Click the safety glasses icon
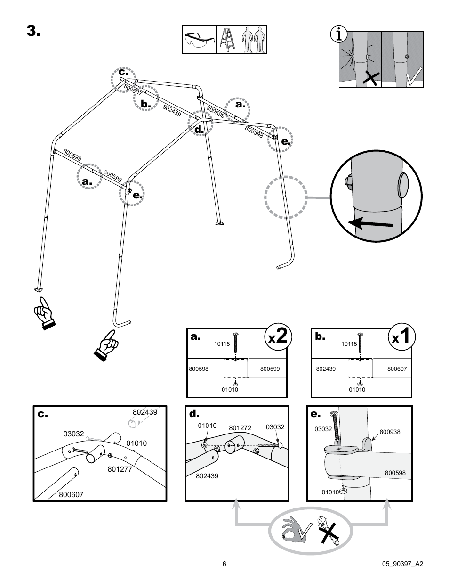[x=199, y=40]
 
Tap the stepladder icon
[x=228, y=40]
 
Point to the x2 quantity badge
[x=278, y=337]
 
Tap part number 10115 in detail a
[x=222, y=344]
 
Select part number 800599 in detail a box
[x=270, y=369]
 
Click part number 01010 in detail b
[x=357, y=390]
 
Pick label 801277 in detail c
[x=120, y=469]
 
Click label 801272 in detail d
[x=240, y=428]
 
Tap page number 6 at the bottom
[x=224, y=564]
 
